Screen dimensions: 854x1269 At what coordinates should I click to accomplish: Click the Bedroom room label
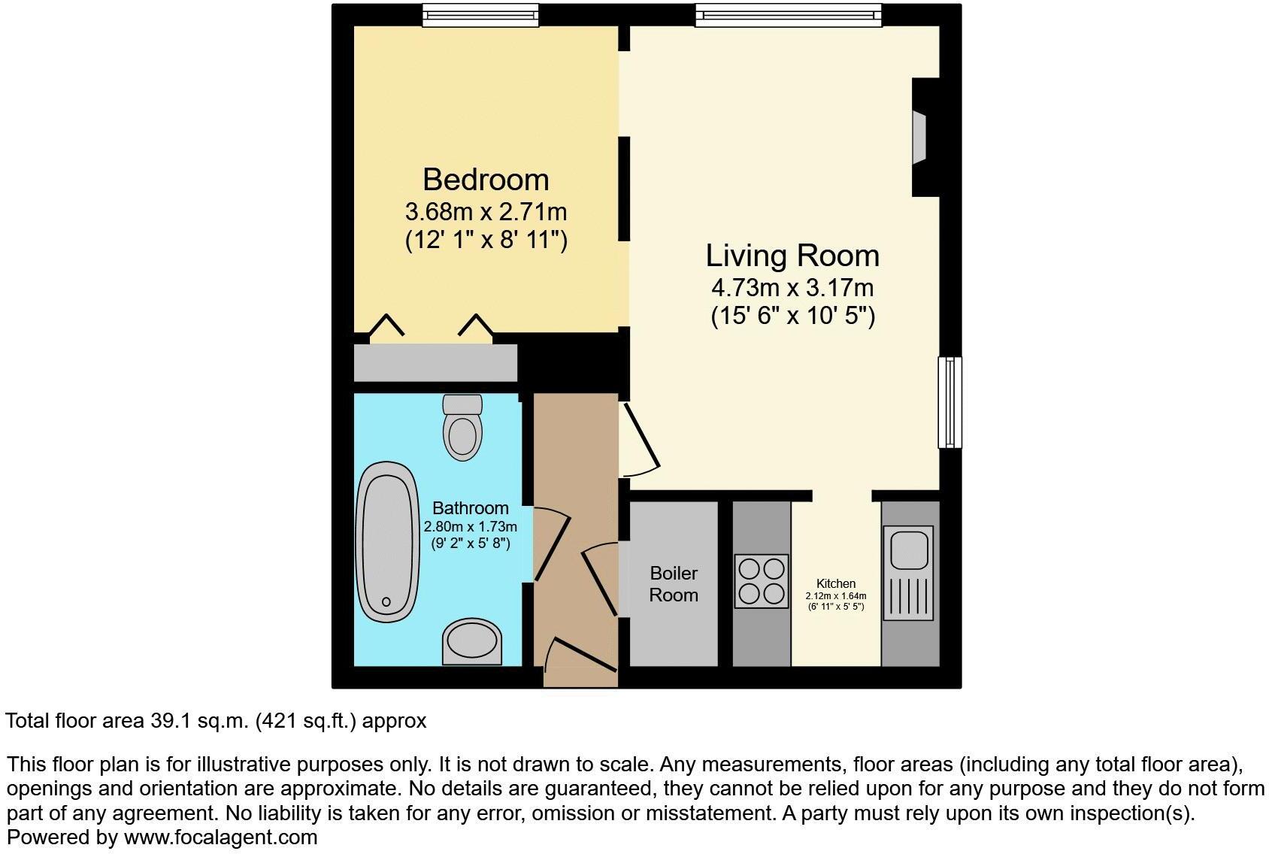click(486, 180)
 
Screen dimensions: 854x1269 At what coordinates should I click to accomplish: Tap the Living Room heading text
click(792, 256)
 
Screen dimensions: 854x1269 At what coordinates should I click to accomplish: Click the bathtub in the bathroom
click(388, 541)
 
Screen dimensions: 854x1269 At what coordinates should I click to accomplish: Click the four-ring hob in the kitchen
click(762, 581)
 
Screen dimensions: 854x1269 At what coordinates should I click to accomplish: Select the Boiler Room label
click(674, 584)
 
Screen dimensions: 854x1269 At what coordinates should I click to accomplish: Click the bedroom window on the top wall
click(480, 15)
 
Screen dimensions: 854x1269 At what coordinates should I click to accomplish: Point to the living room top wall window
click(787, 15)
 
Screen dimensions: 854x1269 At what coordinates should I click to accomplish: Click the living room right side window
click(950, 403)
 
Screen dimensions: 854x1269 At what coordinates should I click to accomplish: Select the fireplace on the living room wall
click(919, 138)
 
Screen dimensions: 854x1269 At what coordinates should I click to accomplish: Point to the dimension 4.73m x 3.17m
click(792, 288)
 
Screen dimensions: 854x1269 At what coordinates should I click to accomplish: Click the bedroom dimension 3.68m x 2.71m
click(486, 211)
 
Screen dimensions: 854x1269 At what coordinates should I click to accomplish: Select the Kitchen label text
click(836, 583)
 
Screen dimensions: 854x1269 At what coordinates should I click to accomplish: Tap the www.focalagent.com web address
click(220, 837)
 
